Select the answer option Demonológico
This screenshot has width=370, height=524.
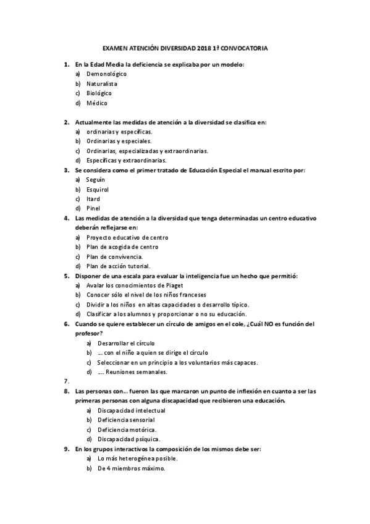click(106, 74)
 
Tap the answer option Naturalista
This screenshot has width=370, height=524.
click(102, 83)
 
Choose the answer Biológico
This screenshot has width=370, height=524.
click(99, 93)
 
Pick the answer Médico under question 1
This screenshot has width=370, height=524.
click(97, 103)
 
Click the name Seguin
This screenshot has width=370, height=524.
click(96, 179)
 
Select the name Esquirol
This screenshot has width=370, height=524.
click(98, 189)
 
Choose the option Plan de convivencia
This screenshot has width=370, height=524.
click(114, 256)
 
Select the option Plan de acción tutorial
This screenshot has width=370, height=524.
click(118, 266)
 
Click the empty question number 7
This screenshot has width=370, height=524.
click(66, 381)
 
